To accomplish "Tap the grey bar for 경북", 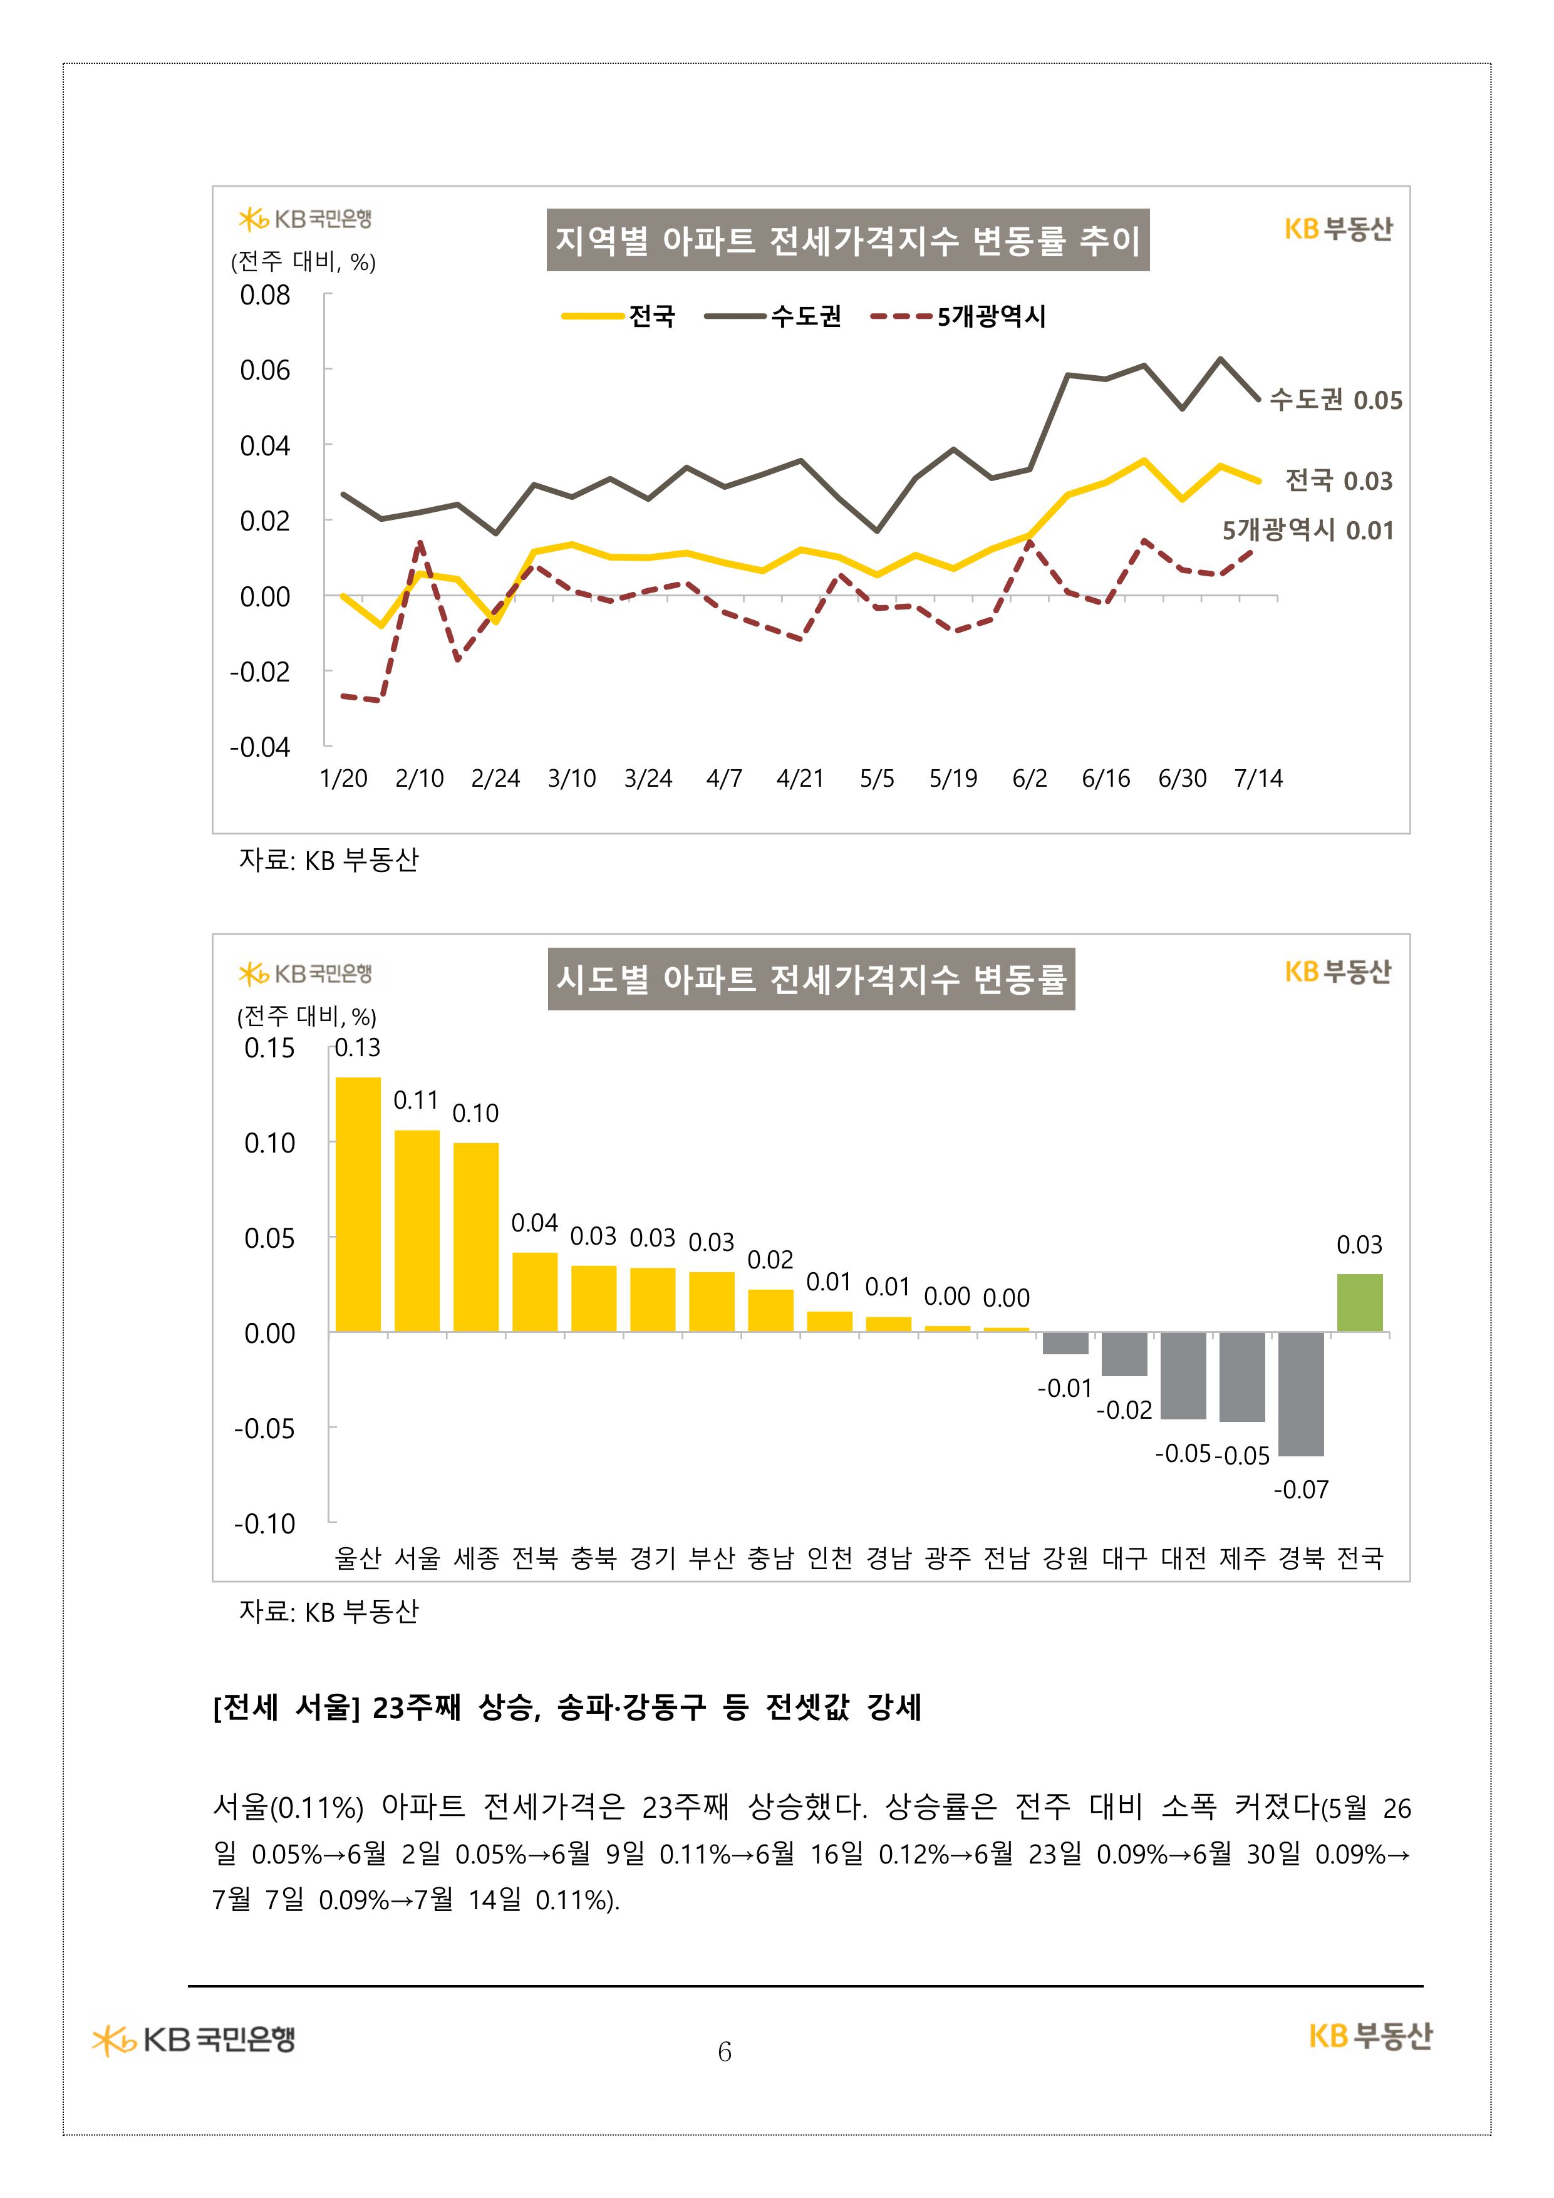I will coord(1300,1393).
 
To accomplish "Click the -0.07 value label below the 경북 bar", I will coord(1300,1489).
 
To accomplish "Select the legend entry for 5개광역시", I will coord(958,316).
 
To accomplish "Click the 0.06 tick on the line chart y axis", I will coord(264,370).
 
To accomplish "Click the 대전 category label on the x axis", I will coord(1183,1558).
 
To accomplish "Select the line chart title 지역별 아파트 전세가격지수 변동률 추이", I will coord(847,241).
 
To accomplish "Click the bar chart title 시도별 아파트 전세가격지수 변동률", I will coord(811,978).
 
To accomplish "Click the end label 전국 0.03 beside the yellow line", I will coord(1338,480).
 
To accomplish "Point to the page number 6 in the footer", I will coord(724,2051).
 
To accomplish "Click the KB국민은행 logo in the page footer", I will coord(194,2039).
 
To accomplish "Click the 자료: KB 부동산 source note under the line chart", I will coord(328,859).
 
